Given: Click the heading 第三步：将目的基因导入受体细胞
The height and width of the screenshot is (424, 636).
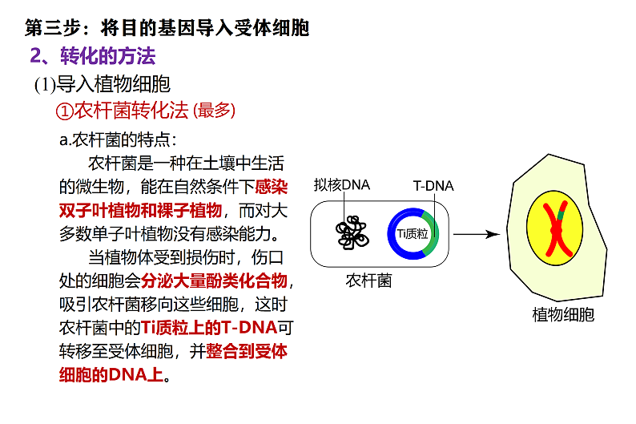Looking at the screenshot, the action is (167, 28).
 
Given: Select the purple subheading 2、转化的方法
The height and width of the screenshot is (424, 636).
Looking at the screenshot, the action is (92, 55).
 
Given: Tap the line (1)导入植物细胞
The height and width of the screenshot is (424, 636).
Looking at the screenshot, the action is (103, 84).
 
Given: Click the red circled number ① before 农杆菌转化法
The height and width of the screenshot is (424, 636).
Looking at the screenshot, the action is (64, 111).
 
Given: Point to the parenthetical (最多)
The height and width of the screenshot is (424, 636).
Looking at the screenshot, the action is (215, 111).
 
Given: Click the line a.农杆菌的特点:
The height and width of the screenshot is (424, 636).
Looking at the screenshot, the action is (118, 140).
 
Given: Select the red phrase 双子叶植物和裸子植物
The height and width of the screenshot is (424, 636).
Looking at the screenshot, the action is (140, 210).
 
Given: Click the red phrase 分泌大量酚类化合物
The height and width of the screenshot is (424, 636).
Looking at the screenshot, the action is (214, 281).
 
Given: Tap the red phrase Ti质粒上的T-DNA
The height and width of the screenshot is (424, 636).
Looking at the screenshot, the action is (209, 328).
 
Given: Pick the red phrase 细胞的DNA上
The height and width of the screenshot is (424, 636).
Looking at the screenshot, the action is (111, 374).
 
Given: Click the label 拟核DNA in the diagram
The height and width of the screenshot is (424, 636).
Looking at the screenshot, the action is (341, 185).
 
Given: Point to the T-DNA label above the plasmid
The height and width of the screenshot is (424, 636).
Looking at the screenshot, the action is (433, 186).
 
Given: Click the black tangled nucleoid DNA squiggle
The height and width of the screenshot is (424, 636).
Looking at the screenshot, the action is (352, 232).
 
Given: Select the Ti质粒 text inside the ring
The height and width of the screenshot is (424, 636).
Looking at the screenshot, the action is (412, 234).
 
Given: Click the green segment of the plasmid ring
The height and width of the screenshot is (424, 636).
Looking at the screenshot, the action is (433, 233).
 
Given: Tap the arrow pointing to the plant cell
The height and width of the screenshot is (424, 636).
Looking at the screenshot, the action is (477, 234).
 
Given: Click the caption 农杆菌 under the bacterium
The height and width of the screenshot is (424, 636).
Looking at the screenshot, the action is (368, 281).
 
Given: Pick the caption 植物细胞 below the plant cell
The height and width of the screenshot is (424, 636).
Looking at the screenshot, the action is (563, 315).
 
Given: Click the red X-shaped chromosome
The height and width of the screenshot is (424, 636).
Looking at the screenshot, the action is (558, 230).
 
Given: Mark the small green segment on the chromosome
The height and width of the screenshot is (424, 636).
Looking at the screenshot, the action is (562, 215).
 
